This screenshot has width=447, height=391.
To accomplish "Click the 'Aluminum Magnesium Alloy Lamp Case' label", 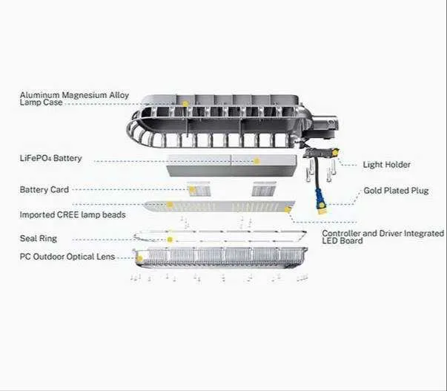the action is (x=74, y=99).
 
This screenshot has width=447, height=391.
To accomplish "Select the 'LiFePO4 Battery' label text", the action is (x=50, y=158).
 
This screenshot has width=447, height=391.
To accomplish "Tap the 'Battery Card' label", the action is (x=44, y=190).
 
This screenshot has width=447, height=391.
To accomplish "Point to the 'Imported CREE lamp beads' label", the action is (x=73, y=214).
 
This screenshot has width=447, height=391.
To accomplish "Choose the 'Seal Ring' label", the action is (x=39, y=239).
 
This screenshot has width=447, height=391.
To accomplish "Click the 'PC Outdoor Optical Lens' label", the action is (x=67, y=257).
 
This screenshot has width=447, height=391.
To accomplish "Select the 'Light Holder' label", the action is (x=386, y=165).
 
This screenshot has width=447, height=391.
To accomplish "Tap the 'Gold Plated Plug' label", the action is (x=396, y=191).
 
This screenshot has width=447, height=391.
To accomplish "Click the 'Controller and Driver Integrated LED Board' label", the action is (x=383, y=237).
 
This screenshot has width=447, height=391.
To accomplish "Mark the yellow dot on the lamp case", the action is (x=185, y=104).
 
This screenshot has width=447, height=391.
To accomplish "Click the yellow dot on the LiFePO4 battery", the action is (x=256, y=161).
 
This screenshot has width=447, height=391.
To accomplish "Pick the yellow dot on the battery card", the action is (x=192, y=189).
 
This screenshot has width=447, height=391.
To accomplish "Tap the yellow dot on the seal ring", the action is (x=170, y=240).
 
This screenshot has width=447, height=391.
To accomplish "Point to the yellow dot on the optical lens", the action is (x=139, y=259).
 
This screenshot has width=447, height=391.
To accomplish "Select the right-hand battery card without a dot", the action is (x=264, y=188).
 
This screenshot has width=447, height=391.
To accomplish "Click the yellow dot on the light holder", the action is (x=336, y=154).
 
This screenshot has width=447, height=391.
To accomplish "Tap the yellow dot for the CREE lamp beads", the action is (x=170, y=205).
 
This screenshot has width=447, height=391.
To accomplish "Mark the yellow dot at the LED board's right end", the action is (x=288, y=210).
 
